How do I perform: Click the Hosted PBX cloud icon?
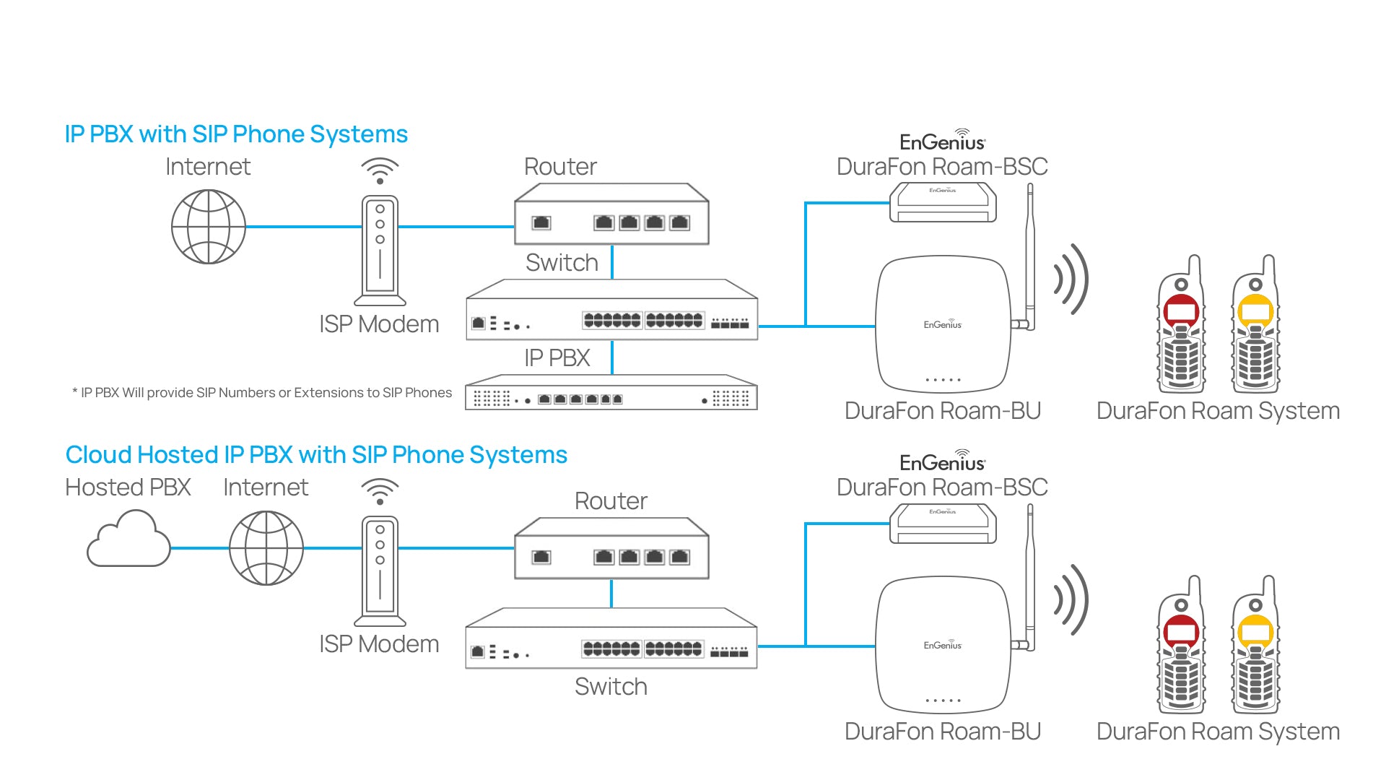(128, 540)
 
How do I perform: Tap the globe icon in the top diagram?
(209, 227)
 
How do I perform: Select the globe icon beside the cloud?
(266, 548)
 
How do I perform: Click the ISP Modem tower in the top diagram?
(380, 250)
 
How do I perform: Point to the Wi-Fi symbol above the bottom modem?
(380, 491)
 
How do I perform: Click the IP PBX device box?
(611, 394)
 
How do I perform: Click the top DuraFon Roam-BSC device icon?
(943, 202)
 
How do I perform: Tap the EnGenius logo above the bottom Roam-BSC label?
(942, 461)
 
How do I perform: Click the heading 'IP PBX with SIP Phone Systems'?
(236, 134)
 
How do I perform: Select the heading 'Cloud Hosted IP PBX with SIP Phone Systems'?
(316, 455)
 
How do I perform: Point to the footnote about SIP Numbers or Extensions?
(262, 393)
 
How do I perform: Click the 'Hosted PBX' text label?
(128, 487)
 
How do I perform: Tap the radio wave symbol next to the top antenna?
(1071, 280)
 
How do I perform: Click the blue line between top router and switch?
(612, 261)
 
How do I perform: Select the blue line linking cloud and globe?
(199, 548)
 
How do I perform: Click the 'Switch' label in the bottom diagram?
(611, 687)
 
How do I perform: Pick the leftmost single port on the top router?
(541, 223)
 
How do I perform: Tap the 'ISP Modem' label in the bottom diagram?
(379, 644)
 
